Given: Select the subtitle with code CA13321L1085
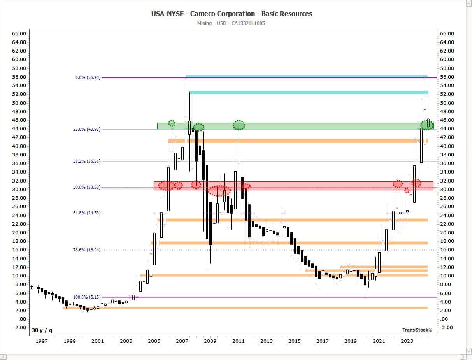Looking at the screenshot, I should tap(231, 23).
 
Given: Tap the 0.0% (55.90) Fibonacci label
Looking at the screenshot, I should tap(88, 77).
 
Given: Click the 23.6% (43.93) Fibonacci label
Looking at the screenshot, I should tap(87, 129).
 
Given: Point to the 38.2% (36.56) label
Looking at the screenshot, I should tap(87, 161).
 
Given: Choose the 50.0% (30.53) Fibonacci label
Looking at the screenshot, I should tap(87, 187).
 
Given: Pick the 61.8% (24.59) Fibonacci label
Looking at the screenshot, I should tap(87, 213).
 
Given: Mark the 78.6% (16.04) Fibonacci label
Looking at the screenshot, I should tap(87, 250).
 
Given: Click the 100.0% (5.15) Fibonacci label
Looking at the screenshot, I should tap(87, 297).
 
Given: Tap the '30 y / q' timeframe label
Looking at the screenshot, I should tap(42, 330).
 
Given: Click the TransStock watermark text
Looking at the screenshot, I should tap(417, 330).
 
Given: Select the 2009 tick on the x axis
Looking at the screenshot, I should tap(210, 341).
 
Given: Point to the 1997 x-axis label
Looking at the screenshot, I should tap(42, 341).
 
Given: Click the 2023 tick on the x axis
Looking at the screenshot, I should tap(407, 341).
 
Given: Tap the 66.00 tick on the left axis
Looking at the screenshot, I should tap(19, 33).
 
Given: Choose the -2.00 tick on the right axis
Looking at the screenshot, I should tap(446, 327).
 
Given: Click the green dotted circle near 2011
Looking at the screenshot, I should tap(239, 125).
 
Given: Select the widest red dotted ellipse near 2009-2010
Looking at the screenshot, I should tap(219, 191).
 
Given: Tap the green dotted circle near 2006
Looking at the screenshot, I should tap(172, 123).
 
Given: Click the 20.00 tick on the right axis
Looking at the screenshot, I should tap(446, 232).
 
